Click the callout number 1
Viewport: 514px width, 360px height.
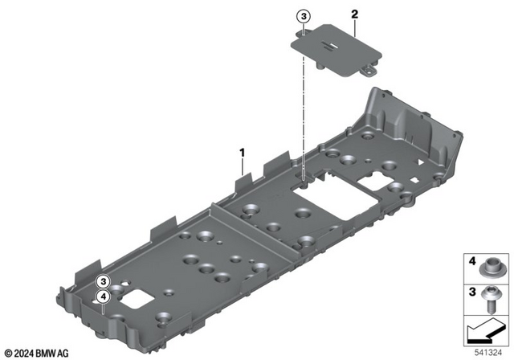(x=243, y=150)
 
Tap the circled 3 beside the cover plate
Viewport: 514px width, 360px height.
(x=303, y=15)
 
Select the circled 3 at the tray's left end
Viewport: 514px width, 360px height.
(x=103, y=281)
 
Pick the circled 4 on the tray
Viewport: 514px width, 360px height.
(x=103, y=297)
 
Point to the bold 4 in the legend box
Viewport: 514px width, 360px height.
(x=472, y=262)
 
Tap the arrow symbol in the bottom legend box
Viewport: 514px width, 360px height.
(x=484, y=329)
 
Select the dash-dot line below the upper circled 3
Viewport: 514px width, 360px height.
(x=303, y=104)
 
